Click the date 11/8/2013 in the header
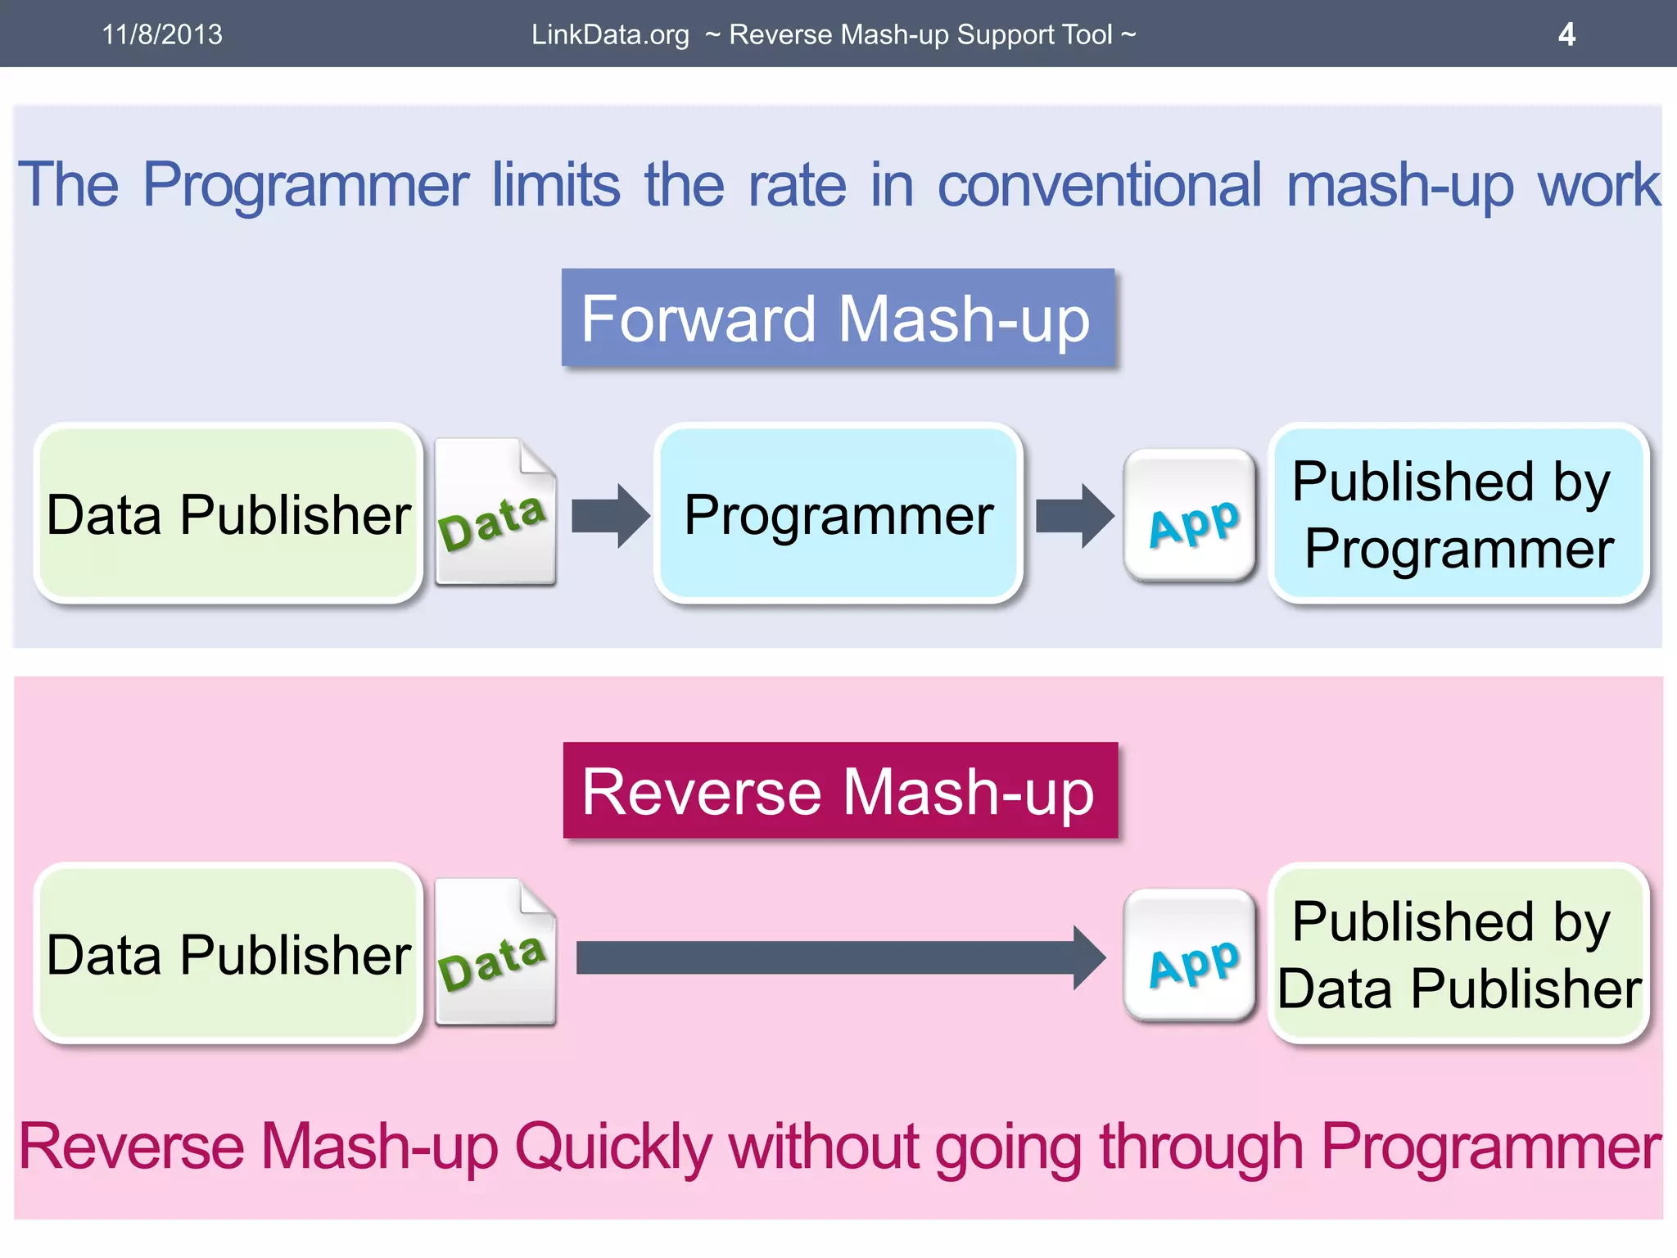[162, 34]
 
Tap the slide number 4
[1566, 34]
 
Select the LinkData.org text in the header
[610, 34]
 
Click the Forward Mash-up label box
[837, 318]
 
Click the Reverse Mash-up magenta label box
[839, 790]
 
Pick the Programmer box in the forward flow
[838, 514]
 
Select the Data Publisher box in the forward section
[228, 514]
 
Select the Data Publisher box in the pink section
[228, 953]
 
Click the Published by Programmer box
[1458, 514]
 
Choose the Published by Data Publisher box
[1458, 953]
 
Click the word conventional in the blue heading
[1099, 185]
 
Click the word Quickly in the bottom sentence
[613, 1147]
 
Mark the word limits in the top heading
[556, 185]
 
